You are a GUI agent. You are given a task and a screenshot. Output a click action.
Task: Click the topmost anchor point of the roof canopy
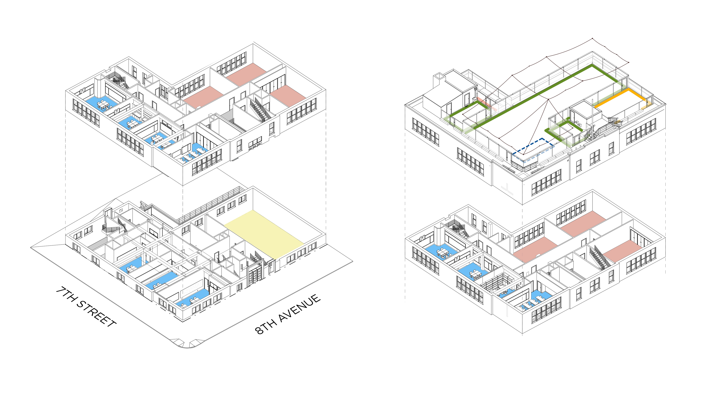tap(592, 39)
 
